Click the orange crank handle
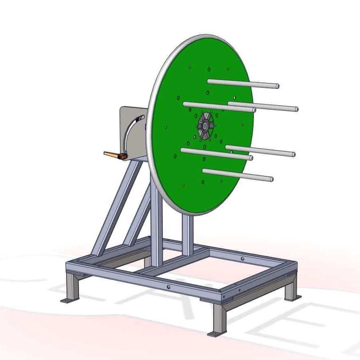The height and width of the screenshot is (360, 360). click(113, 155)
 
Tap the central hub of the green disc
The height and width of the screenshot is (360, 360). click(204, 126)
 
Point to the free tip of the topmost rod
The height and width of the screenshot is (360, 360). click(277, 86)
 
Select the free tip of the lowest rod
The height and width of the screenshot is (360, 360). click(271, 179)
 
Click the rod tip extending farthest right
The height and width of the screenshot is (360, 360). click(296, 109)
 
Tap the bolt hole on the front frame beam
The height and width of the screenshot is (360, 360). click(169, 287)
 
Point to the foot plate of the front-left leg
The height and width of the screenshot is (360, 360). click(67, 300)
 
